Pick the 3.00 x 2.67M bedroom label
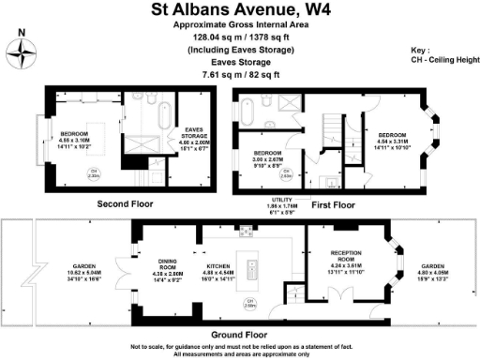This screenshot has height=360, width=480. click(269, 158)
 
